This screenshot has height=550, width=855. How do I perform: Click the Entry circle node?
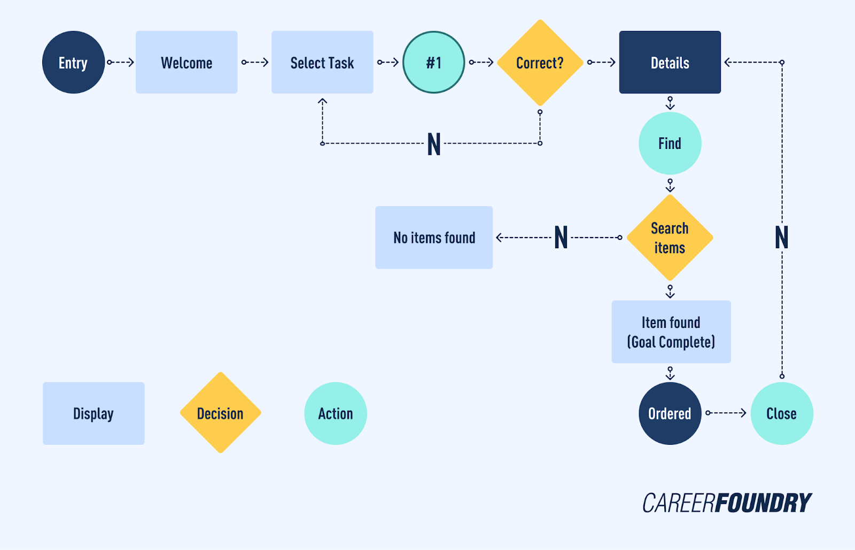[x=73, y=62]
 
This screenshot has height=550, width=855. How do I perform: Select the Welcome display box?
[x=186, y=62]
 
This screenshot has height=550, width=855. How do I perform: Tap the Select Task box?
[x=322, y=62]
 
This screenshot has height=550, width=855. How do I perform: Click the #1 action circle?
[x=433, y=62]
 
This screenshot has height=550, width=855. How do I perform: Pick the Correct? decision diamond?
[x=540, y=62]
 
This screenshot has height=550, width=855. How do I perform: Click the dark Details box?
[x=670, y=62]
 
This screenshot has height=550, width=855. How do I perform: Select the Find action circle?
[x=670, y=143]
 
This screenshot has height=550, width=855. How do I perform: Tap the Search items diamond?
[x=670, y=238]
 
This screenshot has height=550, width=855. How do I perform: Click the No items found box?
[x=434, y=238]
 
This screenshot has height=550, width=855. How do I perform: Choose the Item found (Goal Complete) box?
[x=671, y=332]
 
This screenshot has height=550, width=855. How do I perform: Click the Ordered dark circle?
[x=670, y=413]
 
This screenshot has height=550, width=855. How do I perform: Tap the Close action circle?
[x=781, y=413]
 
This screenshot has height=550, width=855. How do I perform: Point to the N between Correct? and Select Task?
[x=434, y=144]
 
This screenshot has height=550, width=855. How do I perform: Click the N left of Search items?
[x=561, y=238]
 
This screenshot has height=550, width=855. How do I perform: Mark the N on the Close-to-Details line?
[x=781, y=238]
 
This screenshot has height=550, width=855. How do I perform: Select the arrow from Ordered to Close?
[x=726, y=413]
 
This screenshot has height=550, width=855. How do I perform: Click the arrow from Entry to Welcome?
[x=120, y=62]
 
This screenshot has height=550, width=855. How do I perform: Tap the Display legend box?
[x=94, y=413]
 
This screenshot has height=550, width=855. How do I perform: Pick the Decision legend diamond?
[x=220, y=413]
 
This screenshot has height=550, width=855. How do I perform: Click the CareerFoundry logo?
[x=727, y=503]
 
